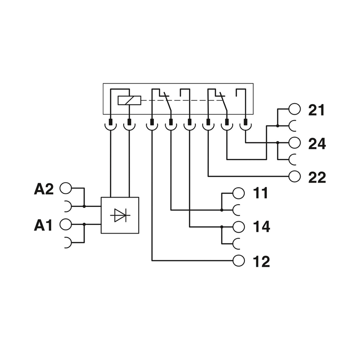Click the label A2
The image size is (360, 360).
tap(44, 189)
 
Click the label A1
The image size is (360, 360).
tap(43, 225)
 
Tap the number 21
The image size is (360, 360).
tap(317, 110)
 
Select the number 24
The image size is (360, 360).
tap(317, 144)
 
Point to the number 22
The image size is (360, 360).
tap(317, 177)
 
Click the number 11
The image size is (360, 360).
tap(261, 193)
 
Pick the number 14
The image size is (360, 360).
tap(261, 227)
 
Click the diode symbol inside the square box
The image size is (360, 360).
tap(120, 216)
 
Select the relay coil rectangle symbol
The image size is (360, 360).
tap(129, 100)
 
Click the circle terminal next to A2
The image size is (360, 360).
tap(66, 188)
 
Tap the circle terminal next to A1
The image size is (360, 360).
tap(66, 224)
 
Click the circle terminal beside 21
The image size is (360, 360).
tap(294, 109)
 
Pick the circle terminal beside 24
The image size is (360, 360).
tap(294, 142)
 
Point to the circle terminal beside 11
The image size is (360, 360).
tap(238, 193)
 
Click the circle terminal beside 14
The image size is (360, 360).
tap(238, 226)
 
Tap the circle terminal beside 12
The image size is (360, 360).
tap(238, 260)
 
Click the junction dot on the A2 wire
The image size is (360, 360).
tap(84, 206)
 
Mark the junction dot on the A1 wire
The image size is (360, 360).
tap(84, 224)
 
